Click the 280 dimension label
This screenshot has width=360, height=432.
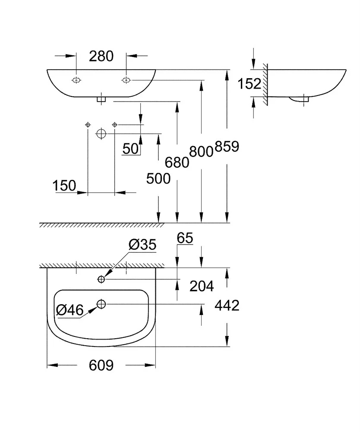(x=101, y=56)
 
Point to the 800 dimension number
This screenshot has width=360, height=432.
(x=201, y=151)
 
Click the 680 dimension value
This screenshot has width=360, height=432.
(x=177, y=162)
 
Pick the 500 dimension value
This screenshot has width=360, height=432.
(x=158, y=178)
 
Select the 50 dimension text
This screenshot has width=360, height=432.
(x=131, y=149)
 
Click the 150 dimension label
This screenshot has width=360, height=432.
(x=64, y=186)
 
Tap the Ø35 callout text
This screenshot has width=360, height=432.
(x=142, y=245)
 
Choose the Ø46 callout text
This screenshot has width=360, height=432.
(x=69, y=309)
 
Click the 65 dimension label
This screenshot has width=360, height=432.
(x=185, y=238)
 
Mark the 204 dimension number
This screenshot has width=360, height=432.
(x=202, y=286)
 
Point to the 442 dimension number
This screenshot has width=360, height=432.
(x=227, y=305)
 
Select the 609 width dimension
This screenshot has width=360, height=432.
(x=101, y=365)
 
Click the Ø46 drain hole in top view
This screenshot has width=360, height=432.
(x=101, y=304)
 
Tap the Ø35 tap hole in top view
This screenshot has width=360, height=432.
(x=101, y=279)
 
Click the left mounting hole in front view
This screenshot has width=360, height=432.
(x=76, y=80)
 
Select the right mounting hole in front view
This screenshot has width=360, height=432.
(x=126, y=80)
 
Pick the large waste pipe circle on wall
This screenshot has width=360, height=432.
(x=101, y=134)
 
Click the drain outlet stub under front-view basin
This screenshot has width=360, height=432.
(x=101, y=99)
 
